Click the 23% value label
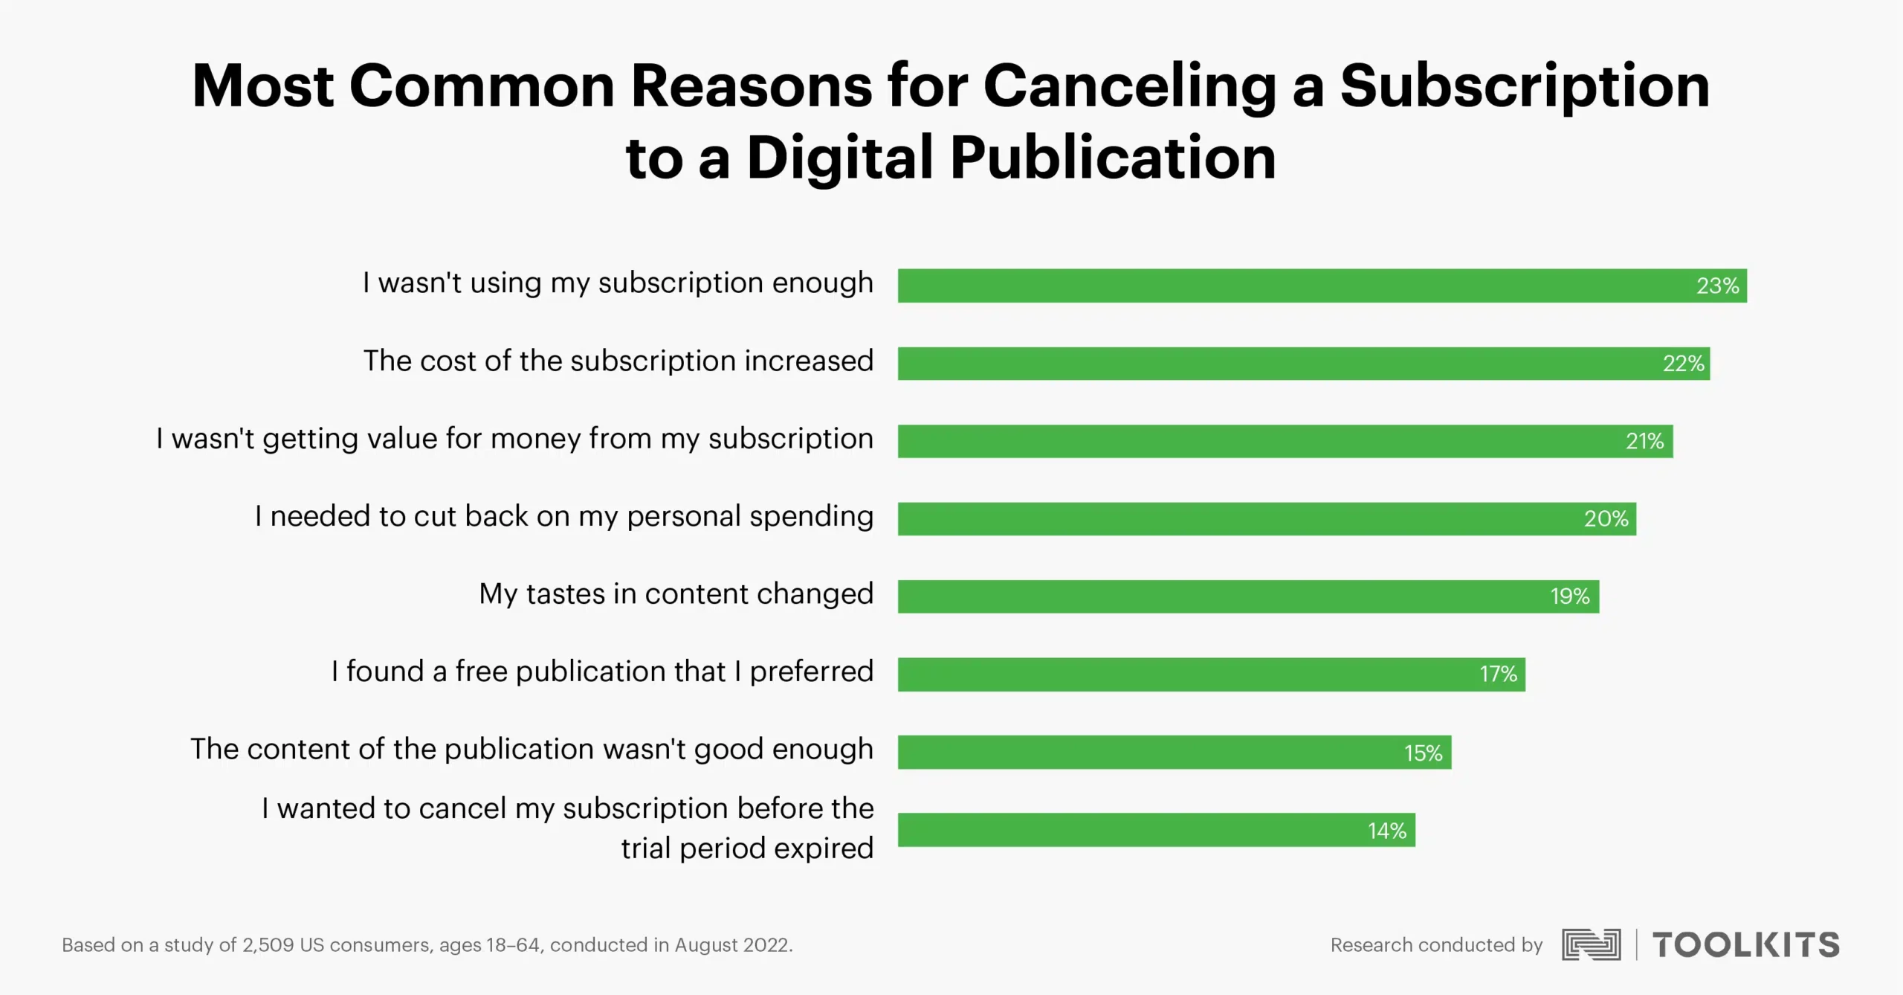[x=1717, y=286]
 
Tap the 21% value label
[x=1644, y=441]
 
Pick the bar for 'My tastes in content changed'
[x=1248, y=596]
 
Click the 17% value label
[x=1498, y=674]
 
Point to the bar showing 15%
[x=1174, y=752]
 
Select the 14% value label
[x=1387, y=830]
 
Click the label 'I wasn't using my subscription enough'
[x=618, y=283]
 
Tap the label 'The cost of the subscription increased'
[x=618, y=361]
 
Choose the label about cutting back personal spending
[x=563, y=516]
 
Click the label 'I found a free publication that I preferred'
[x=602, y=672]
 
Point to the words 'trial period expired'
[x=747, y=848]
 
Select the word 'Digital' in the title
[x=840, y=158]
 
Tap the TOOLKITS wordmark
[x=1745, y=944]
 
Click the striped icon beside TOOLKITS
[x=1591, y=944]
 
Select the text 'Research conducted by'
[x=1436, y=945]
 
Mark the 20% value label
[x=1606, y=518]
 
